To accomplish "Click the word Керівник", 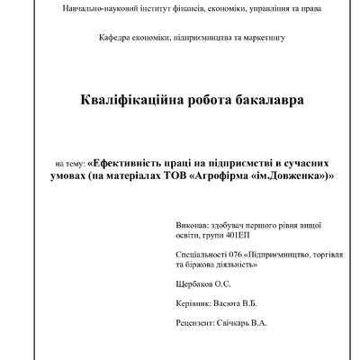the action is (186, 303).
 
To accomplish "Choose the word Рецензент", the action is (188, 322).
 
